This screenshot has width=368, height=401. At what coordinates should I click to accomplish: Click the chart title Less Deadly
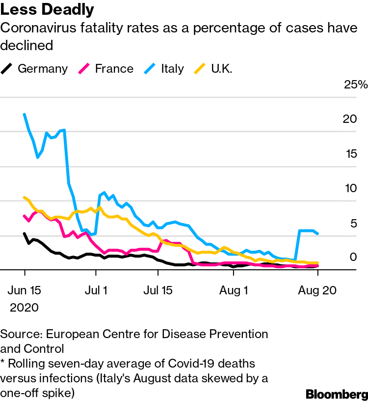[48, 10]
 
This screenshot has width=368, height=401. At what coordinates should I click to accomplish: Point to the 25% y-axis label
[356, 85]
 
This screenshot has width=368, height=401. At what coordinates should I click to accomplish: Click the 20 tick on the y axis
[349, 119]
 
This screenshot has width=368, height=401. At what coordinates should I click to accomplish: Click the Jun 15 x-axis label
[25, 290]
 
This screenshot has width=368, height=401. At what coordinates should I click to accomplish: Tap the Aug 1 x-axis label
[234, 290]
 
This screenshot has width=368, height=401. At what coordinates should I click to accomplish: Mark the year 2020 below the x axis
[25, 308]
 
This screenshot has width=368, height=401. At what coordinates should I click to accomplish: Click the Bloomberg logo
[337, 394]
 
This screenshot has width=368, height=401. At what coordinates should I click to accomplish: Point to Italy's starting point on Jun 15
[25, 114]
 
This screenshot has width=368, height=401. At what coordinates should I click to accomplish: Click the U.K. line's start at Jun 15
[25, 198]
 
